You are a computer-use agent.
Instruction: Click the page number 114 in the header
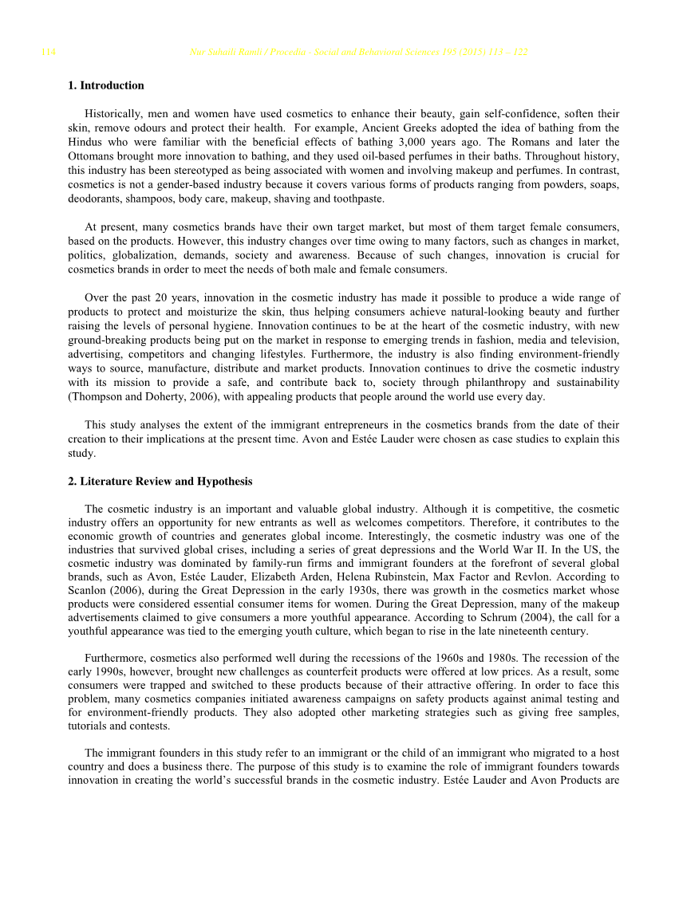pyautogui.click(x=49, y=53)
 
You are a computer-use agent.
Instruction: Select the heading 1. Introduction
pyautogui.click(x=106, y=85)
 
